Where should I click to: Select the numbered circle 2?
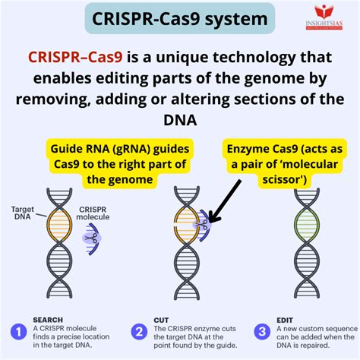click(x=138, y=330)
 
